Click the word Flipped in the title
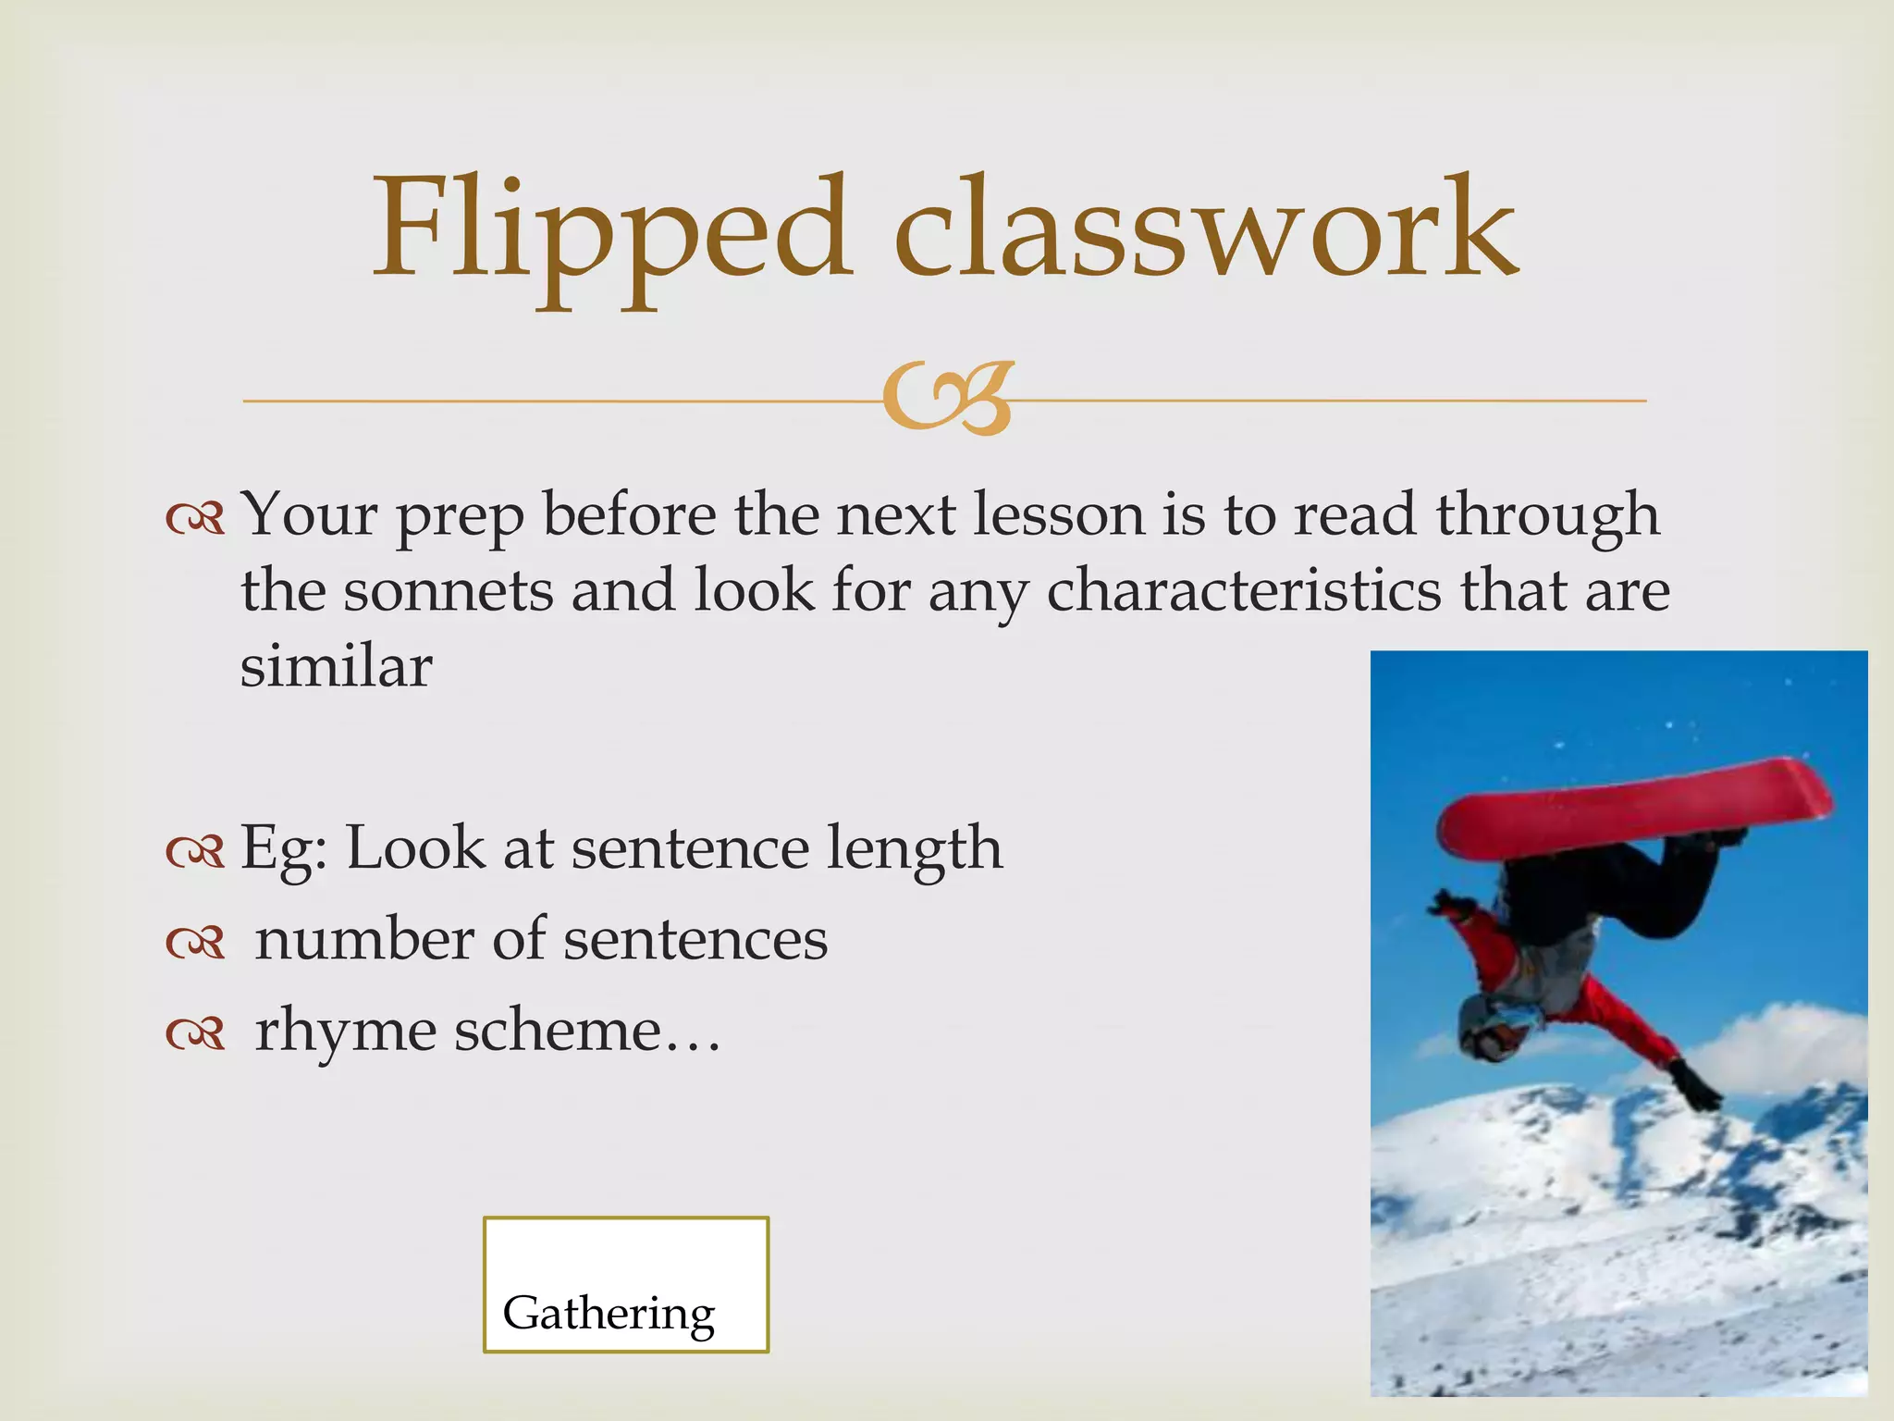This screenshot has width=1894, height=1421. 610,231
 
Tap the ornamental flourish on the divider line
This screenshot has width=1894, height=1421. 947,399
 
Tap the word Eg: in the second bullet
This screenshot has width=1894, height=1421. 284,849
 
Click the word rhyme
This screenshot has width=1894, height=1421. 345,1031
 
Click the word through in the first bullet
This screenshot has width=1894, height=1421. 1547,514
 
